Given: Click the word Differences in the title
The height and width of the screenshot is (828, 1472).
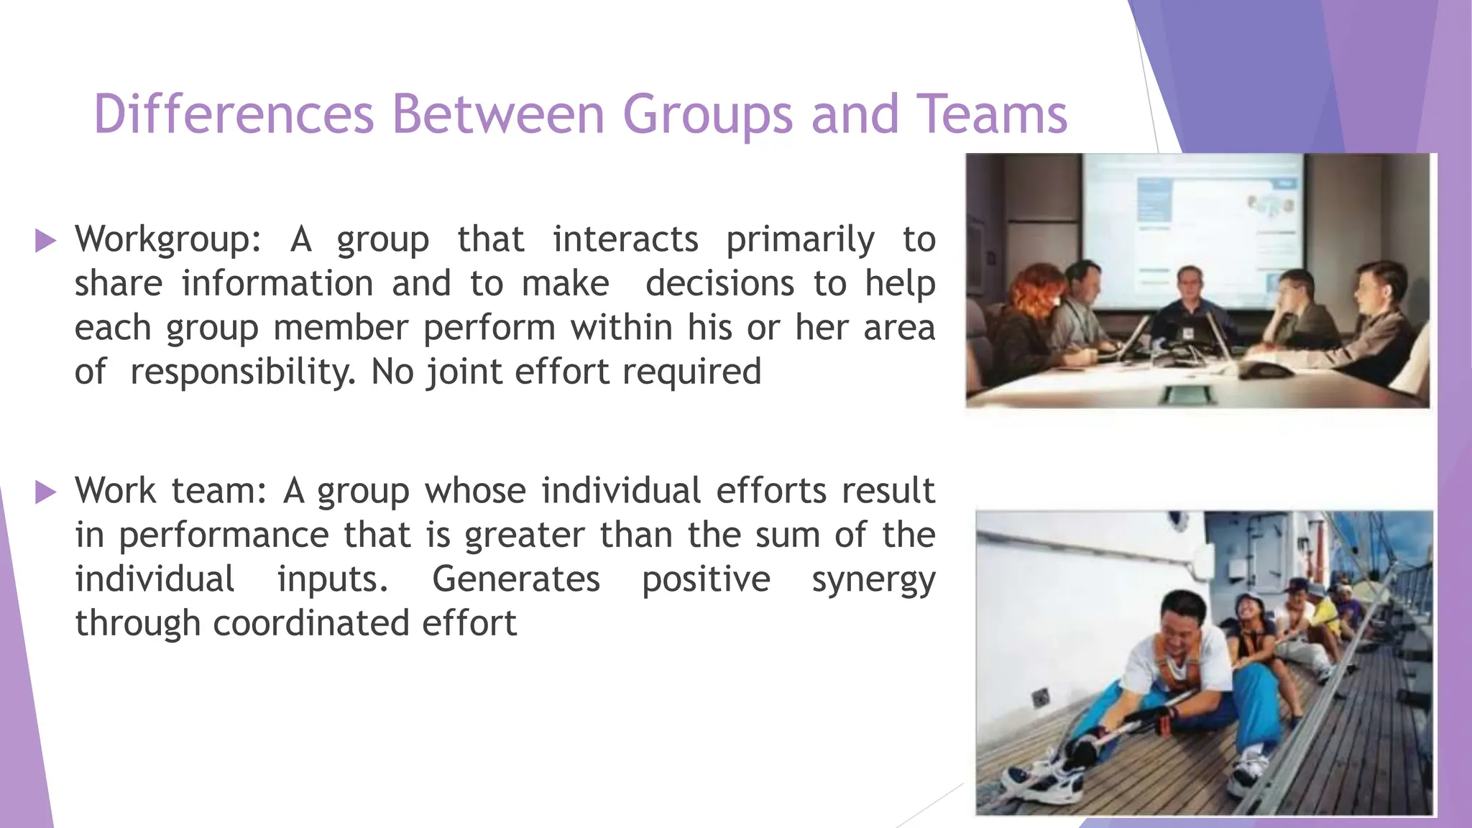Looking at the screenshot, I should click(x=234, y=114).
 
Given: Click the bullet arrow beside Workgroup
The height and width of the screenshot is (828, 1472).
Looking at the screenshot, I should click(x=45, y=241).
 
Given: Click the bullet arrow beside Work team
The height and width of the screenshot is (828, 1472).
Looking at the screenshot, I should click(x=45, y=492).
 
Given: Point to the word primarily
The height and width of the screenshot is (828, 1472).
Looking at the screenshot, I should click(x=800, y=239).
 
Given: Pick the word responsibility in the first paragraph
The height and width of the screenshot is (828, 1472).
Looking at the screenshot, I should click(x=243, y=372).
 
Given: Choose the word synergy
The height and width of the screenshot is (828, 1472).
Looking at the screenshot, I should click(x=873, y=580).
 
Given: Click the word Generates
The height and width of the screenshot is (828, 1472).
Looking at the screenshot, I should click(x=515, y=580).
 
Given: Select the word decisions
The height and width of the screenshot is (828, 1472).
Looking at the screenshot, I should click(x=719, y=284).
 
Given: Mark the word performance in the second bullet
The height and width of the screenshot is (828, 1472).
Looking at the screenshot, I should click(x=224, y=535).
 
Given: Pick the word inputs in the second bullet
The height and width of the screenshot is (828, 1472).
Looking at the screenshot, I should click(x=333, y=580).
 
